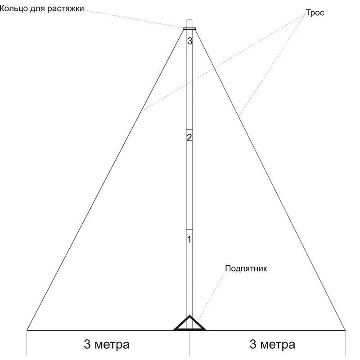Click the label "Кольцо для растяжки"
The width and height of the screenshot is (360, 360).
41,9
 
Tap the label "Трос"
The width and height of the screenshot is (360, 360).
315,13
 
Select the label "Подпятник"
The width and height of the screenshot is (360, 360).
246,269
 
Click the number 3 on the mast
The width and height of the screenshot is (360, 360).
189,41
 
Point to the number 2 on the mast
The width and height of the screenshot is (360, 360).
189,138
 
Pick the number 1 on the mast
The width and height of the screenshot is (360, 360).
189,239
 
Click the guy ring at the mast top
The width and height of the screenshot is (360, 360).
189,28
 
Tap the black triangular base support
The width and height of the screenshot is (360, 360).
189,323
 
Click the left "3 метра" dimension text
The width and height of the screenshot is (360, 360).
107,344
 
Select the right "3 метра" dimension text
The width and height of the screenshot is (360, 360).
272,344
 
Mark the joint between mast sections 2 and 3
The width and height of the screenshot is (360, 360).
189,130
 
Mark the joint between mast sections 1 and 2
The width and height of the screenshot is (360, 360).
189,229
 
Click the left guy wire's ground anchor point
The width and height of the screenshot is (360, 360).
27,330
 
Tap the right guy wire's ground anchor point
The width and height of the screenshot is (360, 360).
345,330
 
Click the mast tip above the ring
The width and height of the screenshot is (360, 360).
189,20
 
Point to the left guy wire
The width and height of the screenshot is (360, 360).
105,180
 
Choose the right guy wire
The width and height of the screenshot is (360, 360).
270,180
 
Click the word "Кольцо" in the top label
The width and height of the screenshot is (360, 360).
14,9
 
